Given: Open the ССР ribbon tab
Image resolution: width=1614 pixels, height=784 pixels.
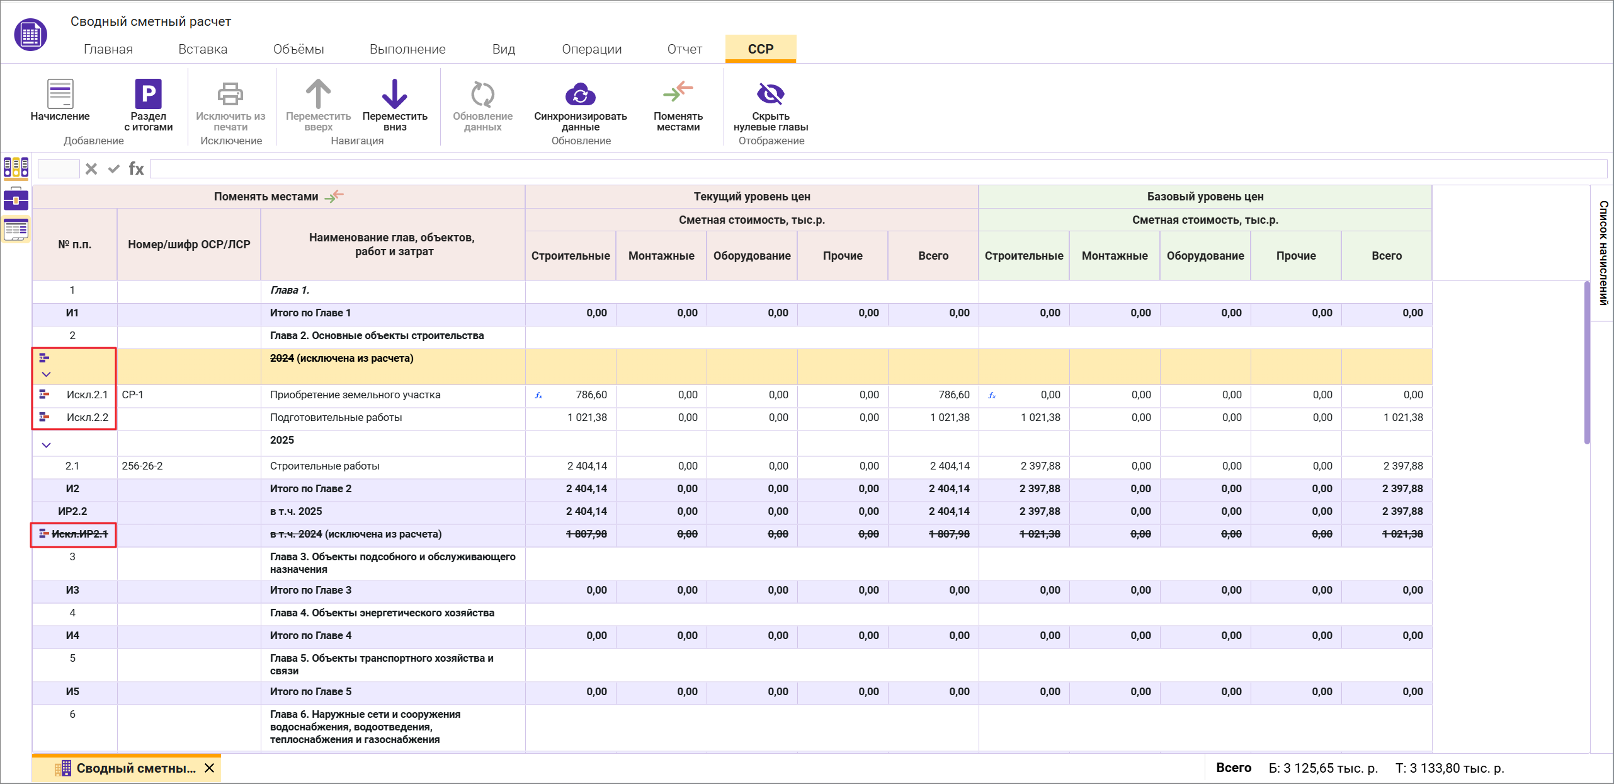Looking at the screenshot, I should (760, 49).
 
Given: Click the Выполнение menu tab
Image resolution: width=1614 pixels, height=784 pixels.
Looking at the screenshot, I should (407, 49).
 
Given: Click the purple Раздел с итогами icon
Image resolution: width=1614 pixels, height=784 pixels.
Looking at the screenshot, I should (148, 94).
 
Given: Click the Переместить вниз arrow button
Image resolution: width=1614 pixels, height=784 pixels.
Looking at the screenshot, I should (394, 94).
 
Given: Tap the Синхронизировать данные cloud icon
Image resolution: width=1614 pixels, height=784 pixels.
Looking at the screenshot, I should (580, 95).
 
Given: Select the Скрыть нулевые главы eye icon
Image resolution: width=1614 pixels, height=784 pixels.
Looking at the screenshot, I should (770, 94).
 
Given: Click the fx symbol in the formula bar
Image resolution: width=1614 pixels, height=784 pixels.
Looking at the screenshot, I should (136, 169).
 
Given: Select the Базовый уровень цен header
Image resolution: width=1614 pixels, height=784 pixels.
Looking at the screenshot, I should (1205, 197).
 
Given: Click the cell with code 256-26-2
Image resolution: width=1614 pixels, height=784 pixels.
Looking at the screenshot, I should (142, 466).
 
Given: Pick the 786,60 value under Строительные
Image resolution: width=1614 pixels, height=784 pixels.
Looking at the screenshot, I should (591, 395).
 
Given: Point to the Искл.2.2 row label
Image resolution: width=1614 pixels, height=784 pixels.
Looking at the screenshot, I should (87, 417).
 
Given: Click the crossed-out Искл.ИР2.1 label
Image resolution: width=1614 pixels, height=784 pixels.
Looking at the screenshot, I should (79, 534).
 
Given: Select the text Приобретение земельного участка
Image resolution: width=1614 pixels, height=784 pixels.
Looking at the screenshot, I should (355, 395).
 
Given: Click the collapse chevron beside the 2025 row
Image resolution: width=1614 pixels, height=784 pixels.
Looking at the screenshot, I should (46, 445).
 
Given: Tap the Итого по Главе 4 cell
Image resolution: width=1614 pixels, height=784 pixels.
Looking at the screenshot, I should (310, 635).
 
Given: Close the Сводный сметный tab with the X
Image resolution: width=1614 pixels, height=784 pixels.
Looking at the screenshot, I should (210, 768).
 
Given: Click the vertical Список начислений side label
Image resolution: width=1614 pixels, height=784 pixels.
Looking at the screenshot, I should (1603, 253).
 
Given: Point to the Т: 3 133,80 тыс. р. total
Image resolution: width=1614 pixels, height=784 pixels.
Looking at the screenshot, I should (1449, 768).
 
